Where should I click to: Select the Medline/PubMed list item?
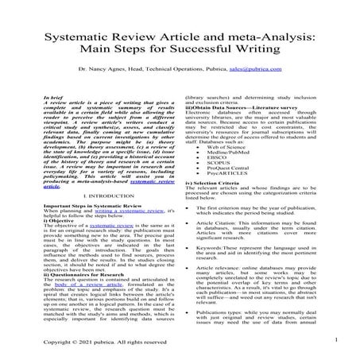click(x=234, y=153)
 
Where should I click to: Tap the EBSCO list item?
click(x=226, y=159)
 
